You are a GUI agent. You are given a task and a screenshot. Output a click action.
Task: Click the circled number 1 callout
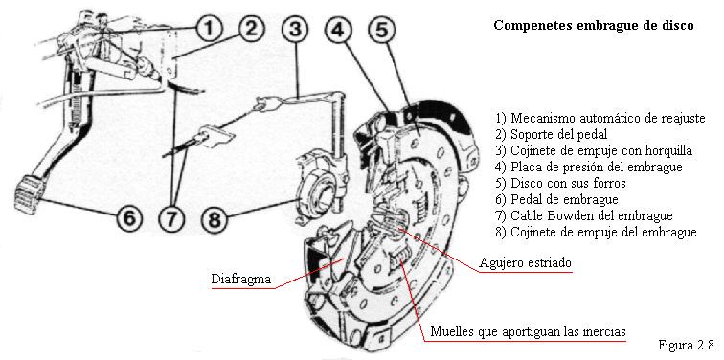pyautogui.click(x=209, y=29)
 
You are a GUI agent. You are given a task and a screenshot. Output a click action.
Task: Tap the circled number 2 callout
pyautogui.click(x=251, y=29)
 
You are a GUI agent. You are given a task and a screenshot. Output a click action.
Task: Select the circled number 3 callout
pyautogui.click(x=295, y=29)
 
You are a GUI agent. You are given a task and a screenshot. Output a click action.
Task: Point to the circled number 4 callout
pyautogui.click(x=338, y=29)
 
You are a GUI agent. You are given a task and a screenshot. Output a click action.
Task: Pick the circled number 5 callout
pyautogui.click(x=381, y=29)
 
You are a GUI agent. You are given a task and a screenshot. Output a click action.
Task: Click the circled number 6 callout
pyautogui.click(x=129, y=218)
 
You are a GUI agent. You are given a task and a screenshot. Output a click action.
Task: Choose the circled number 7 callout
pyautogui.click(x=171, y=218)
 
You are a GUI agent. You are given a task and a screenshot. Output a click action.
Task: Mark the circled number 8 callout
pyautogui.click(x=215, y=218)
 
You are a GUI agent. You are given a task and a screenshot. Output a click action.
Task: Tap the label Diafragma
pyautogui.click(x=241, y=280)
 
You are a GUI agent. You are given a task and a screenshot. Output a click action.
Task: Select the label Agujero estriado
pyautogui.click(x=525, y=263)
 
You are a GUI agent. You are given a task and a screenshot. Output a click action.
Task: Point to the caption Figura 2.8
pyautogui.click(x=686, y=345)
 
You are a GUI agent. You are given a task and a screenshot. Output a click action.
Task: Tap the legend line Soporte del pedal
pyautogui.click(x=552, y=135)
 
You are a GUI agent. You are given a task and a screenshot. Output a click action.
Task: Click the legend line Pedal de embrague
pyautogui.click(x=556, y=199)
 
